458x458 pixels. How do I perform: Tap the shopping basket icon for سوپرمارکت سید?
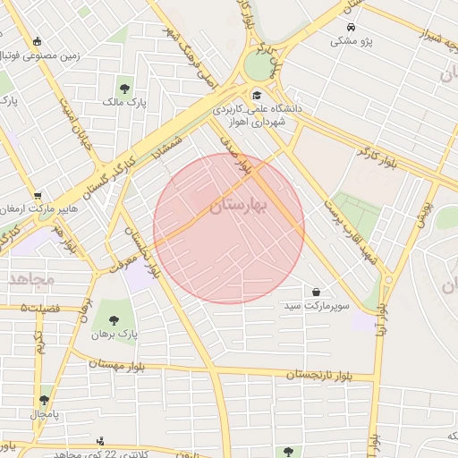[x=318, y=292]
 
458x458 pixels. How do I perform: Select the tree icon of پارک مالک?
[x=124, y=89]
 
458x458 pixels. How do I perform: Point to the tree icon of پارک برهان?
[x=113, y=319]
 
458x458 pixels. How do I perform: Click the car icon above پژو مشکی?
[x=352, y=28]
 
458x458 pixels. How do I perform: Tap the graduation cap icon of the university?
[x=256, y=95]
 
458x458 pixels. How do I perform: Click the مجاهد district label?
[x=32, y=279]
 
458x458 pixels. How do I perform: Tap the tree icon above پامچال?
[x=45, y=400]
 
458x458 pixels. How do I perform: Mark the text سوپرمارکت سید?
[x=317, y=306]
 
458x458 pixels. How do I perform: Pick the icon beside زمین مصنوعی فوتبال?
[x=37, y=41]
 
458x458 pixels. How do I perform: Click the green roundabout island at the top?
[x=260, y=66]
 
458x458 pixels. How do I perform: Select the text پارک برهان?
[x=114, y=335]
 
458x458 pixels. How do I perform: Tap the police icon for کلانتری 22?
[x=99, y=440]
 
